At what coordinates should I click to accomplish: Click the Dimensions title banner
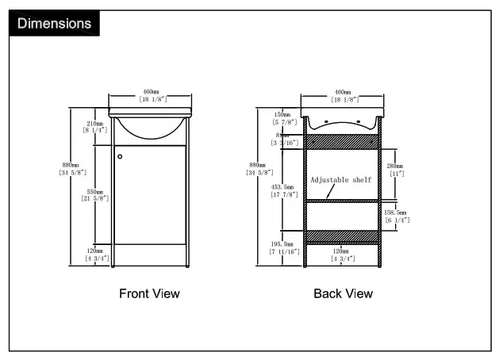pyautogui.click(x=54, y=23)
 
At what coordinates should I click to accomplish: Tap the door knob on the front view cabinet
pyautogui.click(x=120, y=156)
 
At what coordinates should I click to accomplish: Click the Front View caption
pyautogui.click(x=149, y=293)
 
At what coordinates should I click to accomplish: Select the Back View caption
pyautogui.click(x=343, y=293)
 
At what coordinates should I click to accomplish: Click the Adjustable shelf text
pyautogui.click(x=341, y=180)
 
